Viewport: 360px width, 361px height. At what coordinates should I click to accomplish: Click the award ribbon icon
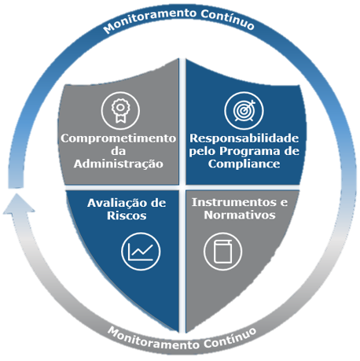point(120,110)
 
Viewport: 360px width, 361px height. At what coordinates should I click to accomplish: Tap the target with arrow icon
point(244,110)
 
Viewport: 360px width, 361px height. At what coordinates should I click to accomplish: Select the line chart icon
point(141,251)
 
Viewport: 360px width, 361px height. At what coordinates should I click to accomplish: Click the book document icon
point(222,251)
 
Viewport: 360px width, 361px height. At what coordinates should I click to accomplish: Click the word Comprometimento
point(118,138)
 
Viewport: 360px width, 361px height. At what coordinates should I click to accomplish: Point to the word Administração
point(119,164)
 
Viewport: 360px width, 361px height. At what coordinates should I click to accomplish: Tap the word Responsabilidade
point(244,138)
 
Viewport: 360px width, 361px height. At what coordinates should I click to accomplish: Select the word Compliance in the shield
point(244,164)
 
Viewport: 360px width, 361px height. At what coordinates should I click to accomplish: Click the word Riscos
point(127,215)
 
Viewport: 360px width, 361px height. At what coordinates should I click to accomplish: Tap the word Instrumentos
point(234,202)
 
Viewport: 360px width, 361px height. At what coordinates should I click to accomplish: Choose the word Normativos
point(240,215)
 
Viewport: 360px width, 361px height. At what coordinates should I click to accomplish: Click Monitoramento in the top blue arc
point(149,19)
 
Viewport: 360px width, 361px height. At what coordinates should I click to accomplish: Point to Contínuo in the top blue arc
point(227,20)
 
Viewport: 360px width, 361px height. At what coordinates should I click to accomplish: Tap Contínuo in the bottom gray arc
point(230,339)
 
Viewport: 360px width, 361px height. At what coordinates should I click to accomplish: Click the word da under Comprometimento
point(119,151)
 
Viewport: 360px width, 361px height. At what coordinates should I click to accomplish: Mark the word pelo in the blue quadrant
point(203,152)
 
